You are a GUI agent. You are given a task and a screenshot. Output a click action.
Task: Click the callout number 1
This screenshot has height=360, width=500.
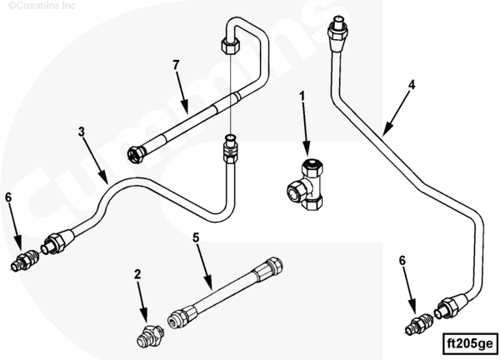point(302,97)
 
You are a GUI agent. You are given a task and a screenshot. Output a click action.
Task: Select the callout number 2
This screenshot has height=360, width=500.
point(138,273)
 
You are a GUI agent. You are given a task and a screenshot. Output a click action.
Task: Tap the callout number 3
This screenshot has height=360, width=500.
point(82,132)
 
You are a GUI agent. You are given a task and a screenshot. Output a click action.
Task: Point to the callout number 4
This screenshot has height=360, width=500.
point(412,84)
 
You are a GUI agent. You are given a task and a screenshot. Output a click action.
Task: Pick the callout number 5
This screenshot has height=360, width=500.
point(196,237)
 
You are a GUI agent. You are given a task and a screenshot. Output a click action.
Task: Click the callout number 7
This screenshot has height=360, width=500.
point(176,65)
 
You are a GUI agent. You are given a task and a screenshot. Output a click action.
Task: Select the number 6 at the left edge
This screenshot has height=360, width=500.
point(9,197)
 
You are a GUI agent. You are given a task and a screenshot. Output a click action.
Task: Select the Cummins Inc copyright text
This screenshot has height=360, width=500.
point(32,6)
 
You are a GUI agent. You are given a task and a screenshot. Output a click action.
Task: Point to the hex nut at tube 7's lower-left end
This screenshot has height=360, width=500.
point(136,152)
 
